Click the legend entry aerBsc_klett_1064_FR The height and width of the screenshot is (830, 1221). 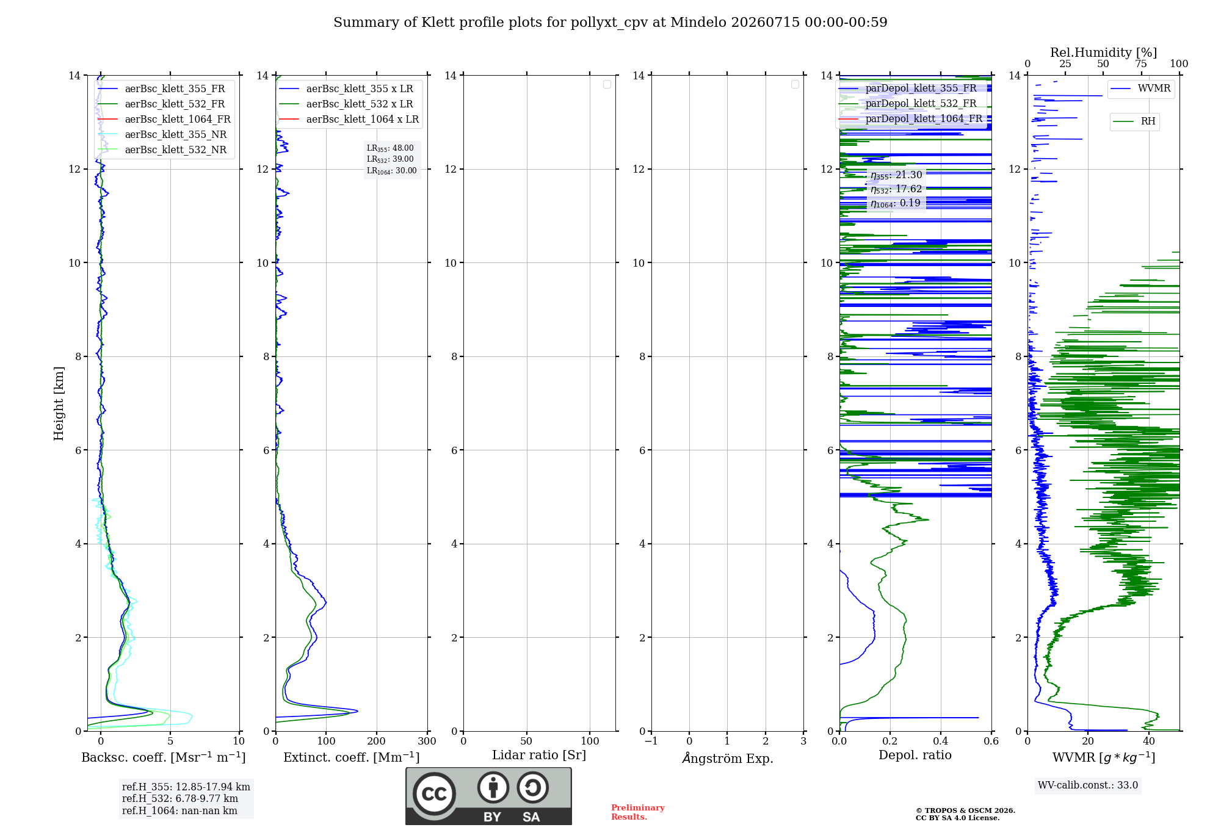click(x=164, y=120)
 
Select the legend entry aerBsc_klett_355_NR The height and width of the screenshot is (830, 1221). click(x=162, y=135)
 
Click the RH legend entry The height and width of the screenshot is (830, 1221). click(x=1134, y=121)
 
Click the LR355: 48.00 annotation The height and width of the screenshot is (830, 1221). click(x=390, y=148)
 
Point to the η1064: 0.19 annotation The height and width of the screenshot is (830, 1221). click(x=896, y=203)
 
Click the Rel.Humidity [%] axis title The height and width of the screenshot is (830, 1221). click(x=1104, y=52)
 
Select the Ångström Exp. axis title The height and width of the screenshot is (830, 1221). click(x=728, y=758)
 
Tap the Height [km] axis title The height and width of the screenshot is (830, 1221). click(x=59, y=403)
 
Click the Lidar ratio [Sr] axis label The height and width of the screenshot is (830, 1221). click(x=539, y=756)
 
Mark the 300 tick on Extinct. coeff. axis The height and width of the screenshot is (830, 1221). click(x=427, y=741)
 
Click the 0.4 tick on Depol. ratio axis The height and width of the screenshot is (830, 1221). click(x=941, y=741)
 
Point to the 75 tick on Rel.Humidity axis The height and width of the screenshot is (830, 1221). click(x=1141, y=64)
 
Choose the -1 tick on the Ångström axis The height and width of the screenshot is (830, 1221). click(x=651, y=741)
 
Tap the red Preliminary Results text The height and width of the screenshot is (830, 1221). click(x=638, y=812)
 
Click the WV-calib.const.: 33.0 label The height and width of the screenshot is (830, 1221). click(x=1088, y=785)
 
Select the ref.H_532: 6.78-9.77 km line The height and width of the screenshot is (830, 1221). click(x=180, y=799)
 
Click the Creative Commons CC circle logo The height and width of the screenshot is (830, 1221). click(x=434, y=794)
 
